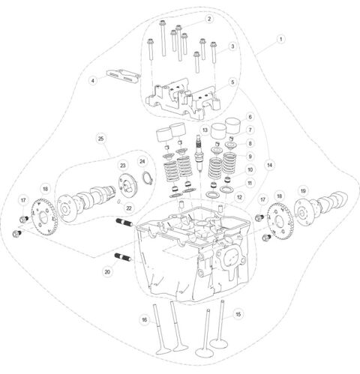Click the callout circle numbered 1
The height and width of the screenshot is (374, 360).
280,38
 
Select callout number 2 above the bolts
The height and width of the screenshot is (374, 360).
209,18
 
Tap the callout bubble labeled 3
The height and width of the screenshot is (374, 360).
232,46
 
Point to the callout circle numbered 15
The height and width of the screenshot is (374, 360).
238,314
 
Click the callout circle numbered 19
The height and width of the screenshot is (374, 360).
303,192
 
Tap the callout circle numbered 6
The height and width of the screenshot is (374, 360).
250,117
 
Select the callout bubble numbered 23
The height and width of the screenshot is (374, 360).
122,166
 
